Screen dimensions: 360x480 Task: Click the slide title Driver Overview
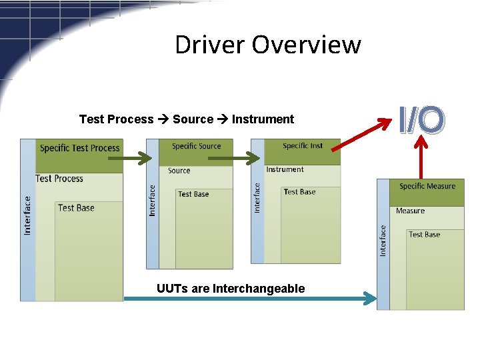point(267,45)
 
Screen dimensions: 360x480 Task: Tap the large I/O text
point(421,119)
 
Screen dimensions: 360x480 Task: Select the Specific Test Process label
point(79,148)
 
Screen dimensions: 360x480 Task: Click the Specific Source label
point(196,146)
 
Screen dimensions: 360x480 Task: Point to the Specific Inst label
point(303,146)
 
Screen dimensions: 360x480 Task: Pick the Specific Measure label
point(427,187)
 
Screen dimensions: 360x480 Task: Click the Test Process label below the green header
point(59,179)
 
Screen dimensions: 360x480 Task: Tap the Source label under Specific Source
point(179,171)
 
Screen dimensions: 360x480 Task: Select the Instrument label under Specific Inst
point(285,169)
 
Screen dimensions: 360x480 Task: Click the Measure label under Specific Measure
point(410,211)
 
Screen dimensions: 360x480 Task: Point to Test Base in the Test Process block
point(76,208)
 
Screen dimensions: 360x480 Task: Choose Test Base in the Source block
point(193,194)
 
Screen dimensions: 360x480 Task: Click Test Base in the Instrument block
point(299,192)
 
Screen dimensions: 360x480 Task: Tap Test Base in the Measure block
point(424,235)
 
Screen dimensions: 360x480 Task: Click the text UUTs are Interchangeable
point(231,289)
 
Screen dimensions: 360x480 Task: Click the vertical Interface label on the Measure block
point(383,240)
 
